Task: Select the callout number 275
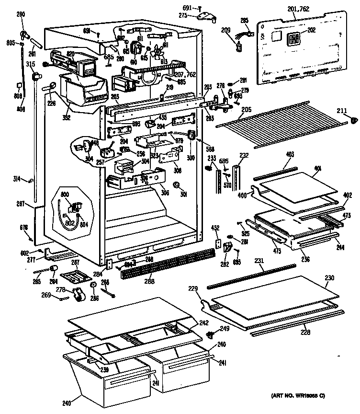click(183, 16)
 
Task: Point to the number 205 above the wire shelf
click(246, 109)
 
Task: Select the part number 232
click(244, 155)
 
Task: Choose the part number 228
click(304, 332)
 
